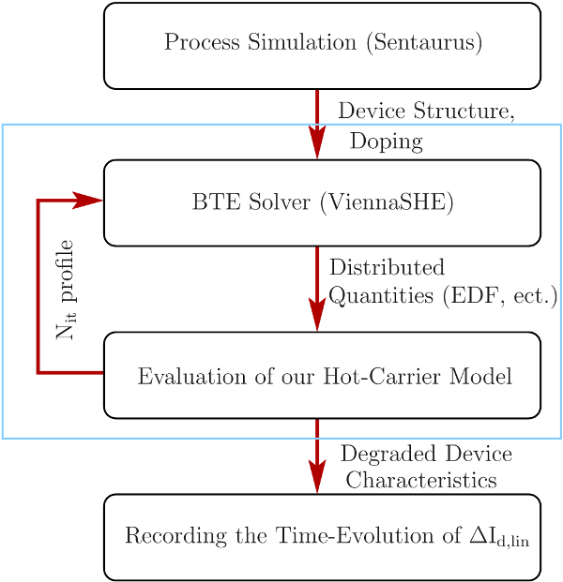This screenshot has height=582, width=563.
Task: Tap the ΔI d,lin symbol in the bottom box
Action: pyautogui.click(x=504, y=538)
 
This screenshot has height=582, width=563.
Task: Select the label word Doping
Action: pyautogui.click(x=386, y=142)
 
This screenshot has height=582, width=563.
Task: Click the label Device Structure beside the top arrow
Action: pyautogui.click(x=425, y=112)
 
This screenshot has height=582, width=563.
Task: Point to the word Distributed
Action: pyautogui.click(x=387, y=268)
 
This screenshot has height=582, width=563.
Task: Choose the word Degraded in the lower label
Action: pyautogui.click(x=381, y=455)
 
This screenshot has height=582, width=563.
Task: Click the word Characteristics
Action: pyautogui.click(x=421, y=480)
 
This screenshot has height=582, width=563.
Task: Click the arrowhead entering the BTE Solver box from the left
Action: pyautogui.click(x=90, y=200)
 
